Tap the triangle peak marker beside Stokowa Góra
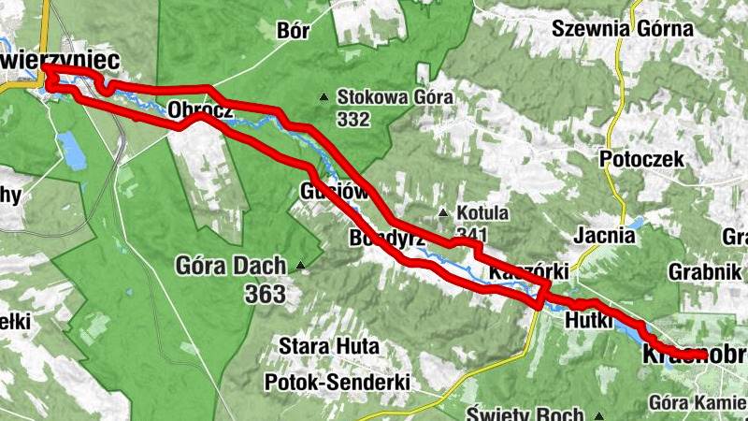(x=324, y=96)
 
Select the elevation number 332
(x=355, y=119)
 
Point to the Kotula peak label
(x=482, y=213)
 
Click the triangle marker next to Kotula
(x=443, y=211)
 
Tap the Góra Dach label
(x=230, y=266)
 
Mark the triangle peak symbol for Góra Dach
(x=300, y=266)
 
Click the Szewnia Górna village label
(x=623, y=28)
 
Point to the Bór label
(x=293, y=30)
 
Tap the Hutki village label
(x=588, y=322)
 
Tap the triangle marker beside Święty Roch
(x=599, y=415)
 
